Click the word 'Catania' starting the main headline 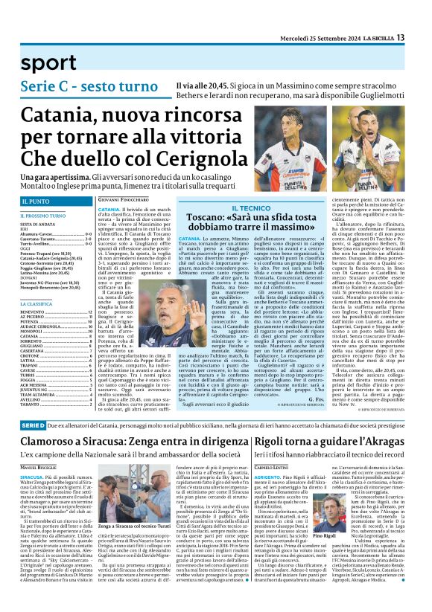61,115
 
